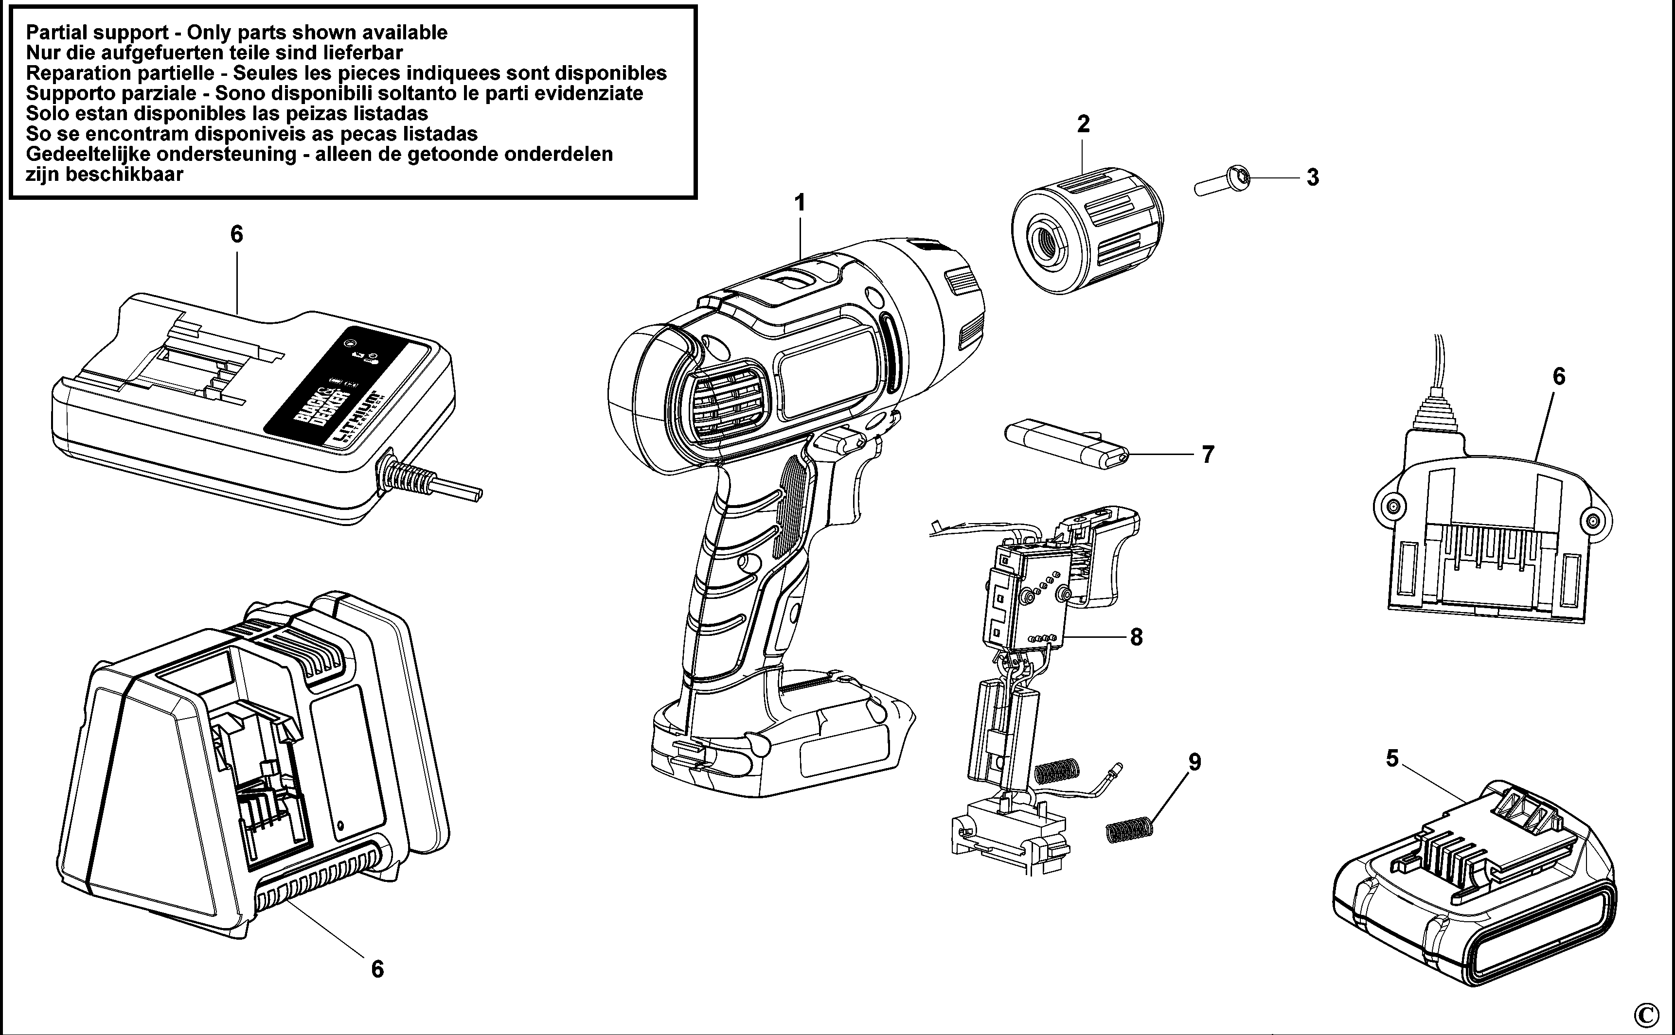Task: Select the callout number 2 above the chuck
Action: click(1083, 124)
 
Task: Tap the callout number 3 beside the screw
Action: click(1312, 177)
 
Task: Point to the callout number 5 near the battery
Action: click(1392, 758)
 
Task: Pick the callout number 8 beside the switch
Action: click(1136, 637)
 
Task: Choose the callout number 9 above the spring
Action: click(1194, 762)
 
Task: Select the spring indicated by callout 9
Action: click(1130, 830)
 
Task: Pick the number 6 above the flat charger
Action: click(236, 235)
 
